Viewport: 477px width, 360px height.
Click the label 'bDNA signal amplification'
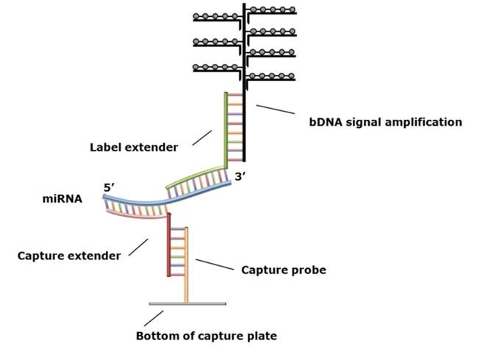(x=386, y=122)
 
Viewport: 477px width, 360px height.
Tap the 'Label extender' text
(x=134, y=147)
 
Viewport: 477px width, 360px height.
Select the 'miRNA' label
(x=63, y=198)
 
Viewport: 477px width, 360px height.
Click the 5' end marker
(x=110, y=187)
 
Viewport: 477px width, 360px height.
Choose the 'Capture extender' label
(x=69, y=256)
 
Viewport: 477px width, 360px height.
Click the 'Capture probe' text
(x=284, y=270)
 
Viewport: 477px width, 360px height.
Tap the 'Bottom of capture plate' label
(x=207, y=336)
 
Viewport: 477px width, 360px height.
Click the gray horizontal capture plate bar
(x=187, y=303)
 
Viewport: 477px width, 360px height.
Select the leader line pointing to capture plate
(x=154, y=318)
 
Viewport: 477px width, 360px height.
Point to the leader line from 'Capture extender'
(x=139, y=247)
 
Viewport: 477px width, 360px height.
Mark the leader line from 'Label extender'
(x=203, y=137)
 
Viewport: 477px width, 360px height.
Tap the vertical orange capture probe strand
(x=187, y=264)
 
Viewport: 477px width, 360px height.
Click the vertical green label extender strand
(x=226, y=132)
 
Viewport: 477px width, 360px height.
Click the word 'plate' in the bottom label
(x=262, y=336)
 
